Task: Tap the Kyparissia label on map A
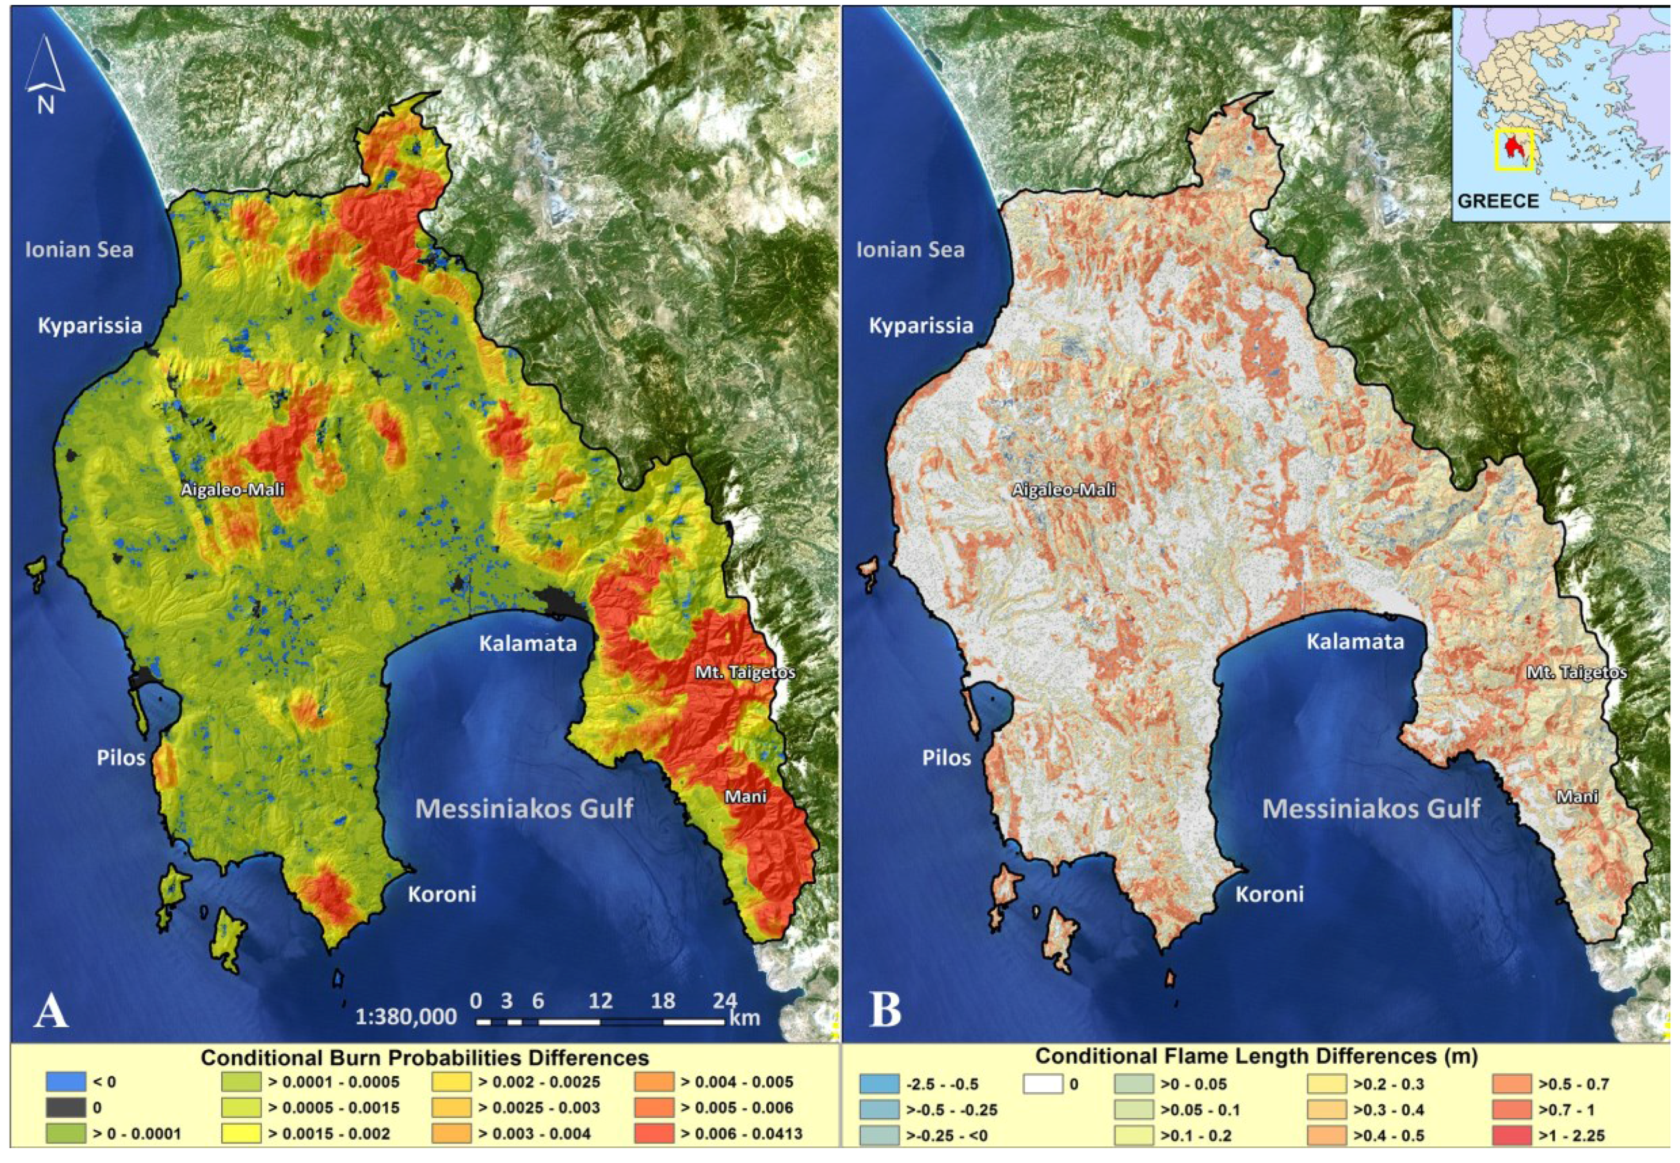tap(90, 325)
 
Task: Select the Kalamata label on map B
tap(1354, 642)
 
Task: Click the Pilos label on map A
tap(121, 758)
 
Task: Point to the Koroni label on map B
tap(1269, 894)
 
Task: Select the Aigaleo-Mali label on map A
tap(232, 490)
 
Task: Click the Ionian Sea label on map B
tap(910, 250)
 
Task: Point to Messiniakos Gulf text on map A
tap(524, 808)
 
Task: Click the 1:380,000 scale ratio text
tap(406, 1017)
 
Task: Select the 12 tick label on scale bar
tap(600, 1000)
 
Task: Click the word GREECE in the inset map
tap(1498, 201)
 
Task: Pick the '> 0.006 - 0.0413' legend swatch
tap(653, 1135)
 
